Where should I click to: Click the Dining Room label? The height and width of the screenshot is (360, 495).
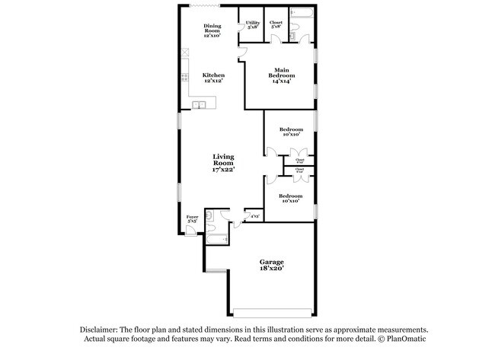coord(212,30)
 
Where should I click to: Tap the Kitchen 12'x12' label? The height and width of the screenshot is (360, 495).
coord(213,78)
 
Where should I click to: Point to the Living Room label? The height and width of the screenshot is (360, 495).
coord(223,163)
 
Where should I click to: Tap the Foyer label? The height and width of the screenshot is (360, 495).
coord(193,218)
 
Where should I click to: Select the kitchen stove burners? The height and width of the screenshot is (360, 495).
coord(184,77)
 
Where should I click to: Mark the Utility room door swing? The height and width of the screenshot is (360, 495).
coord(242,51)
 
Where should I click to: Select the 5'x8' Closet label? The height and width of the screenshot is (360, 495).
coord(276,24)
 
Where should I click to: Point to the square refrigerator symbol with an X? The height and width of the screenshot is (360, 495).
coord(184,53)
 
